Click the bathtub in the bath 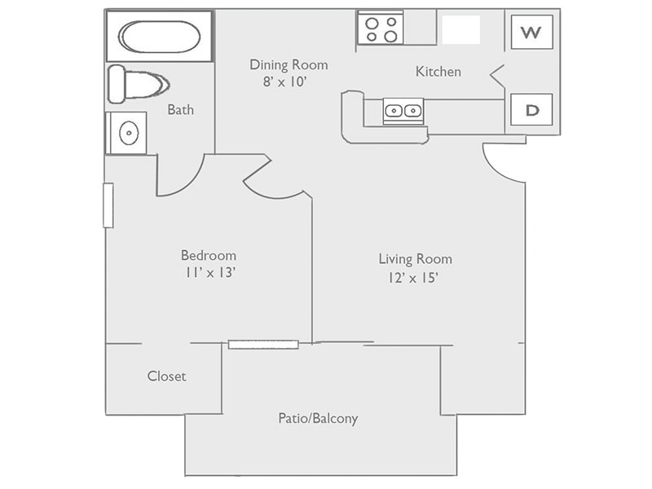click(160, 37)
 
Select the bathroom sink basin click(128, 133)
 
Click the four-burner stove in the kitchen click(381, 29)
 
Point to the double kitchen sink click(403, 111)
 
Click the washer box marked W click(531, 33)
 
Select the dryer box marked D click(531, 110)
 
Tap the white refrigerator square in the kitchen click(460, 29)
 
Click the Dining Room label click(289, 64)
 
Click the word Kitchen click(438, 72)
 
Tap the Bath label click(180, 109)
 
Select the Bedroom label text click(209, 255)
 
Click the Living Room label click(415, 259)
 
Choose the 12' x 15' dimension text click(415, 278)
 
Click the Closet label click(166, 376)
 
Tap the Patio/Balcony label click(318, 418)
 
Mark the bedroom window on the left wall click(108, 205)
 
